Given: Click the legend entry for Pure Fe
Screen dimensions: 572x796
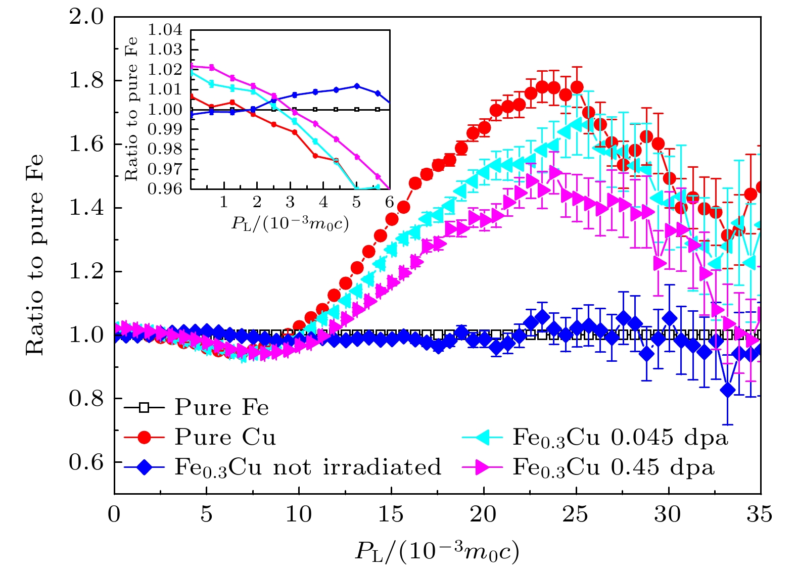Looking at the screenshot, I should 221,408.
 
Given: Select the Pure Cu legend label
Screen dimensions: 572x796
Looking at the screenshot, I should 225,438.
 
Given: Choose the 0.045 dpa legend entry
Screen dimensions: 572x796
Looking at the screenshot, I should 620,438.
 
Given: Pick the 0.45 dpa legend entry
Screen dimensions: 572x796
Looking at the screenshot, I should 613,467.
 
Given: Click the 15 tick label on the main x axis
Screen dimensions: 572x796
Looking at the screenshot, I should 391,514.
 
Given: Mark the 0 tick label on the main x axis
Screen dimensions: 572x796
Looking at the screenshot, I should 114,514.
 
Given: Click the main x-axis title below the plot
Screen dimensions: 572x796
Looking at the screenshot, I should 437,551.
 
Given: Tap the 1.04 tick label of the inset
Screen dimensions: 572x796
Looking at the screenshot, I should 165,30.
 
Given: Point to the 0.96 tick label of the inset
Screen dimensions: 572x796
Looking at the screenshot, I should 165,189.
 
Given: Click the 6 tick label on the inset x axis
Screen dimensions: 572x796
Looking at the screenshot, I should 389,203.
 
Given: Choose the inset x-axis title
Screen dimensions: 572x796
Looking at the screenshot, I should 290,223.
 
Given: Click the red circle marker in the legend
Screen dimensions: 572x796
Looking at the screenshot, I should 144,438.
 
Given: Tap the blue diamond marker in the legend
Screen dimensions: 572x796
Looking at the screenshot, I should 144,467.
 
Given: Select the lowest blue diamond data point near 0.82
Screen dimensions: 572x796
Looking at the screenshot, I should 727,390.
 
